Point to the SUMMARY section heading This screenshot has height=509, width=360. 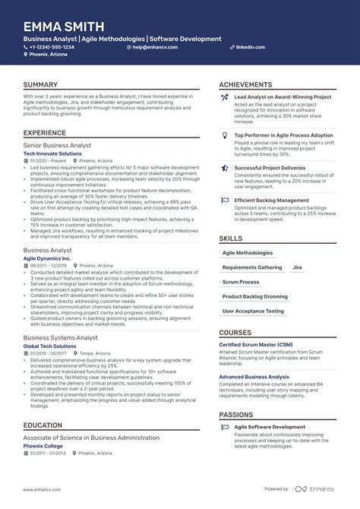pyautogui.click(x=41, y=84)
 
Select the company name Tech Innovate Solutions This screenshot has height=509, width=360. pyautogui.click(x=52, y=153)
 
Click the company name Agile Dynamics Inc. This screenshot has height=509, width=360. pyautogui.click(x=47, y=258)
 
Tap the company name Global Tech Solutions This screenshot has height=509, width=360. pyautogui.click(x=49, y=346)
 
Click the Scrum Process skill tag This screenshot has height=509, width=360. pyautogui.click(x=240, y=282)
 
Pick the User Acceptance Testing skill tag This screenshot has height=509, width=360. pyautogui.click(x=253, y=311)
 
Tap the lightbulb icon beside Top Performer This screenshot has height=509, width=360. pyautogui.click(x=225, y=135)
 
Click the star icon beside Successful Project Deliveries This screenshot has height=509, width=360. pyautogui.click(x=225, y=167)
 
